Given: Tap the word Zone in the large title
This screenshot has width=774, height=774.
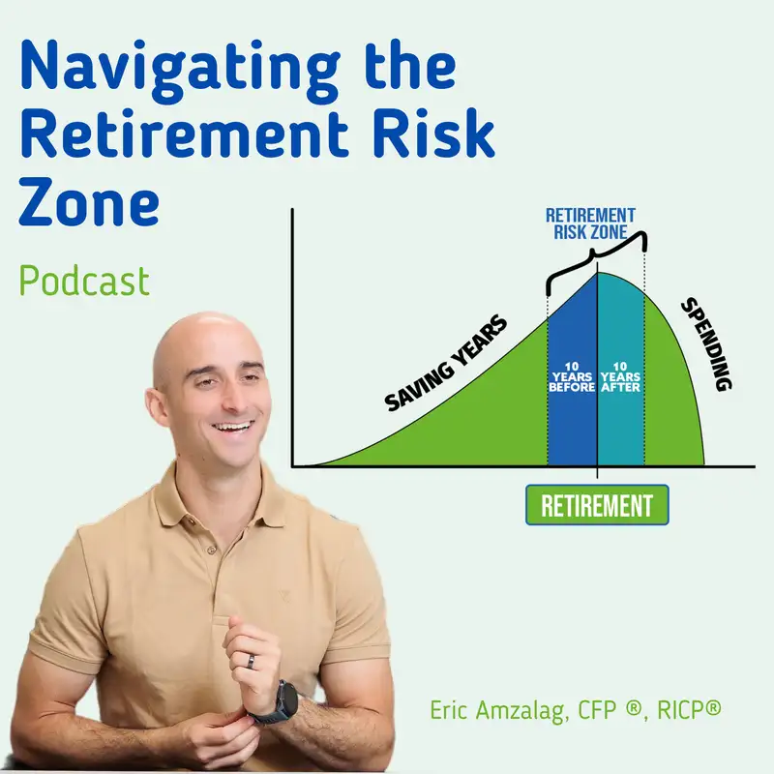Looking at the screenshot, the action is point(89,202).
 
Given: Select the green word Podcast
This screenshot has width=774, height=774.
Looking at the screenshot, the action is point(84,281).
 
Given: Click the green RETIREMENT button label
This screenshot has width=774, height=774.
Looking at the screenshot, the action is point(597,505).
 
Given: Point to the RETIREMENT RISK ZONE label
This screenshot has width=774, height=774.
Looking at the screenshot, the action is point(590,223).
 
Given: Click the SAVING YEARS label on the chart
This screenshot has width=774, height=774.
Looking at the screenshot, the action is point(446,363).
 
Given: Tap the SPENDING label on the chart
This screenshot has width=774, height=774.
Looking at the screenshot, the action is point(706,344).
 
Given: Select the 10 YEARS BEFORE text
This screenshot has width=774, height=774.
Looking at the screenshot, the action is point(572,377).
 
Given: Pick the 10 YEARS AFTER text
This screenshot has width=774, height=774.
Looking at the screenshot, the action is point(620,377).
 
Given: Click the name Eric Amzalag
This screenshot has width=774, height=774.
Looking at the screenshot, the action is point(497,710).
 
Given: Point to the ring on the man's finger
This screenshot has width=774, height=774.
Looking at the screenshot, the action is point(252,662).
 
